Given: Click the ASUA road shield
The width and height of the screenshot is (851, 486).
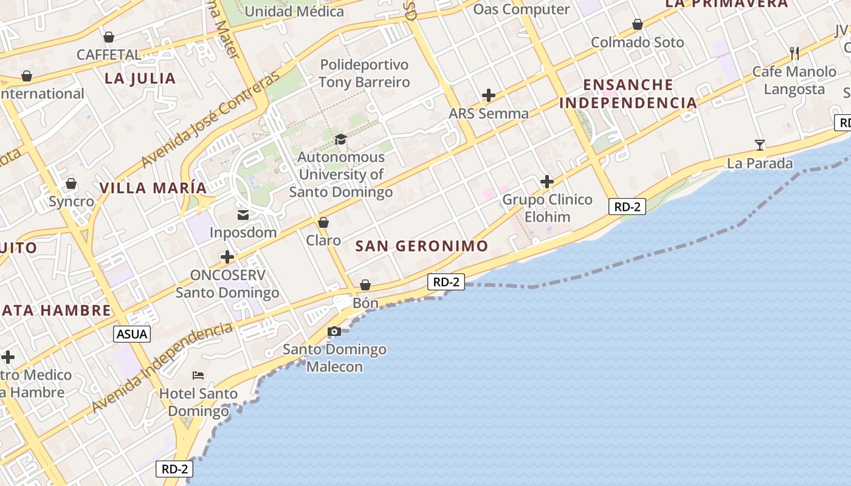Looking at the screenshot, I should pyautogui.click(x=132, y=334).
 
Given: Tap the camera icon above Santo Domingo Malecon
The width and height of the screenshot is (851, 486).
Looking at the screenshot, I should pyautogui.click(x=334, y=331).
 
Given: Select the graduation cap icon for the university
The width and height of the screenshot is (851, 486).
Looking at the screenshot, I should pyautogui.click(x=340, y=139).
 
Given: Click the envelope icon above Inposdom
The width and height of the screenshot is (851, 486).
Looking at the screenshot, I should pyautogui.click(x=243, y=214).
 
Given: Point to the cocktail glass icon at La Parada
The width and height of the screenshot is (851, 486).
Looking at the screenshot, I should pyautogui.click(x=760, y=145).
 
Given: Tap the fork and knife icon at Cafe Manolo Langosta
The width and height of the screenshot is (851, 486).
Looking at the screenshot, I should pyautogui.click(x=794, y=53).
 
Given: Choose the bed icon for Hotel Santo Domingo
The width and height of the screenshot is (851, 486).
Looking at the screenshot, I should pyautogui.click(x=198, y=375).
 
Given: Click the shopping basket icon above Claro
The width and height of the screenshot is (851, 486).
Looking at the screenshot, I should pyautogui.click(x=323, y=222).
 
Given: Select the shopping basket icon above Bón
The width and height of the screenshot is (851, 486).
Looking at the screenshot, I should pyautogui.click(x=365, y=285).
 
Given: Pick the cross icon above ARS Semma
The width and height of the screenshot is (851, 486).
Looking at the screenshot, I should pyautogui.click(x=489, y=95).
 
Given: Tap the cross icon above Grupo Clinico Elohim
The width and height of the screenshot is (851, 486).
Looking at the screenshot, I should pyautogui.click(x=547, y=181).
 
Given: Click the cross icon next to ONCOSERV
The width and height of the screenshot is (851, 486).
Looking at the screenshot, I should pyautogui.click(x=227, y=257).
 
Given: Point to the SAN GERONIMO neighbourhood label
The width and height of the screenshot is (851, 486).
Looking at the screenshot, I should pyautogui.click(x=422, y=246).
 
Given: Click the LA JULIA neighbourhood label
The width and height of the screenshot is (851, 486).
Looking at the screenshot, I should pyautogui.click(x=140, y=78).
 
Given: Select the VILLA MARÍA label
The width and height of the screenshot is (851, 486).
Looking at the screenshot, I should pyautogui.click(x=153, y=188).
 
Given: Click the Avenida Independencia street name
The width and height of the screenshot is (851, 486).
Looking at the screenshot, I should pyautogui.click(x=163, y=368).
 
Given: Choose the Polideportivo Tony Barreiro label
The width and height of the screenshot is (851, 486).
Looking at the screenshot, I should pyautogui.click(x=365, y=74).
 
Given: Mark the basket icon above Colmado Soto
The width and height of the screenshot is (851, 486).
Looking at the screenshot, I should pyautogui.click(x=638, y=24).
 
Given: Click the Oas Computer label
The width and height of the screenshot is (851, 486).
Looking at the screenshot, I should pyautogui.click(x=522, y=9).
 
